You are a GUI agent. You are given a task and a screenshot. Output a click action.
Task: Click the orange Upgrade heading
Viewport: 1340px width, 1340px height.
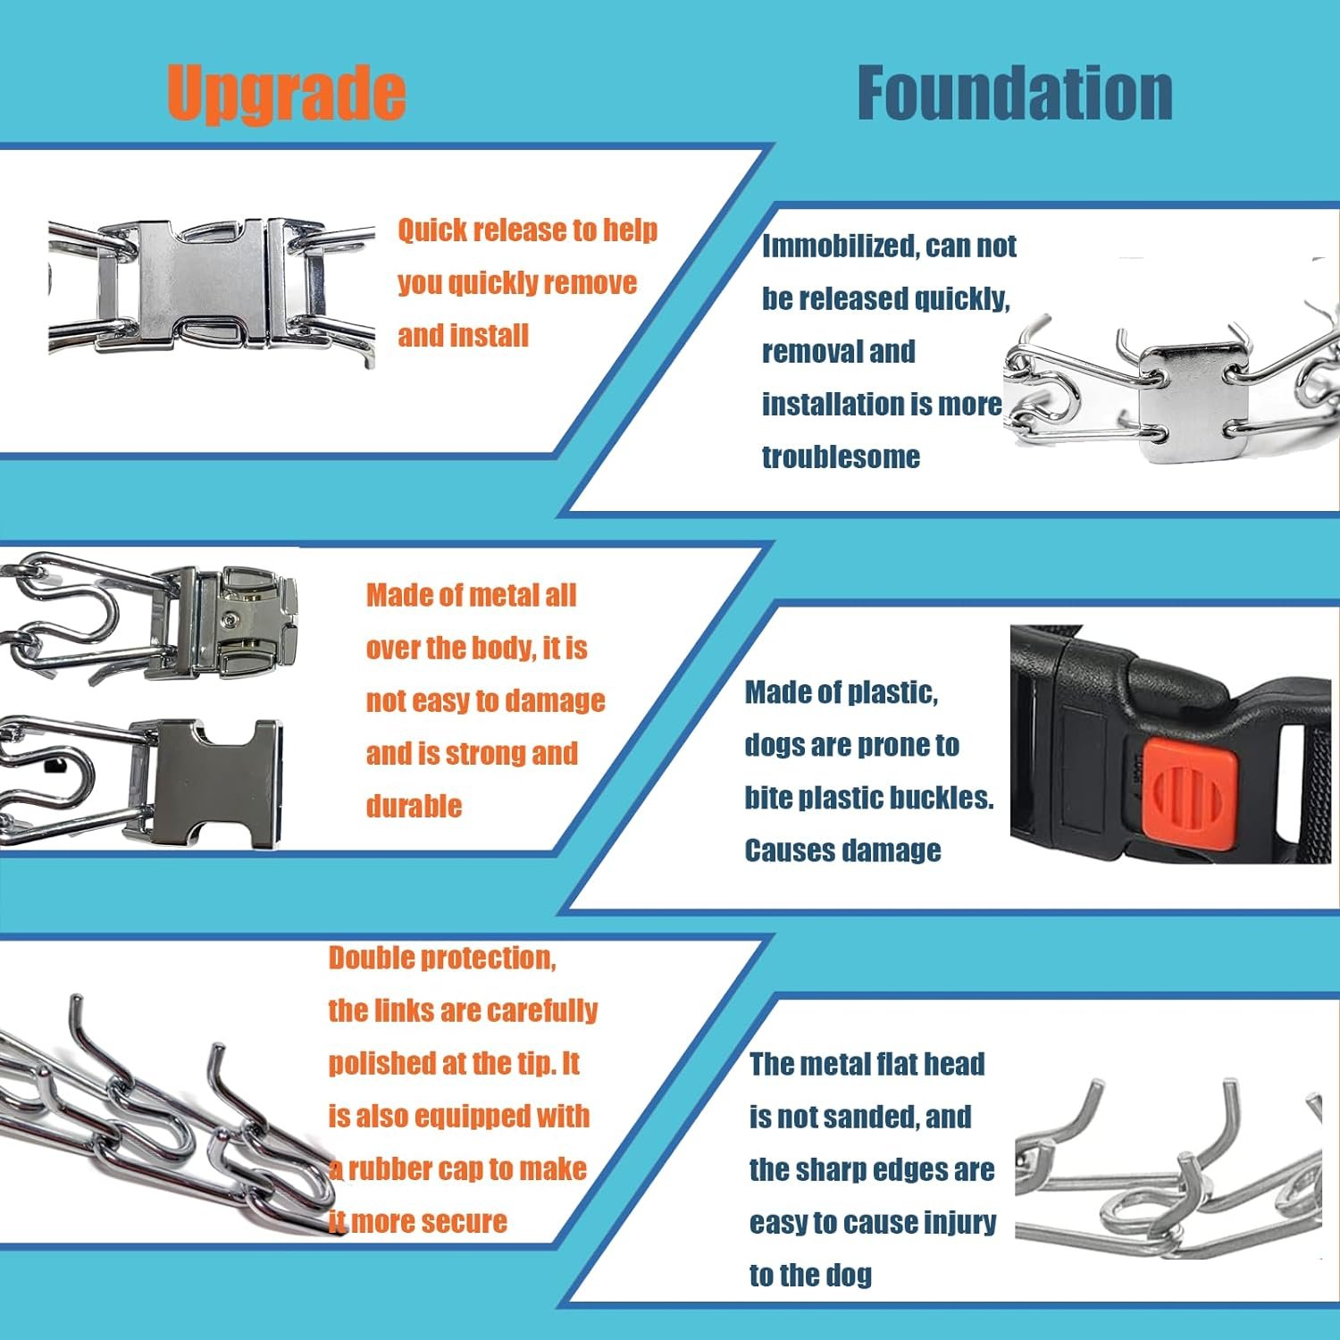click(x=286, y=93)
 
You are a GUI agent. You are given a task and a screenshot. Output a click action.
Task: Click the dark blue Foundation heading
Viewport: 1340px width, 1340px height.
click(x=1015, y=93)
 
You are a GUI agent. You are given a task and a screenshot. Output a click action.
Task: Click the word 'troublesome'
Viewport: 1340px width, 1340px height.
click(x=841, y=456)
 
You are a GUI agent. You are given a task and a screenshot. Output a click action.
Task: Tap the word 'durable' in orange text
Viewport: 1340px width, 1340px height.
click(x=414, y=806)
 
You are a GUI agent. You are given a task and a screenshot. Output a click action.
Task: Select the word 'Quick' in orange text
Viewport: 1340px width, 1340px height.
click(x=433, y=230)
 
